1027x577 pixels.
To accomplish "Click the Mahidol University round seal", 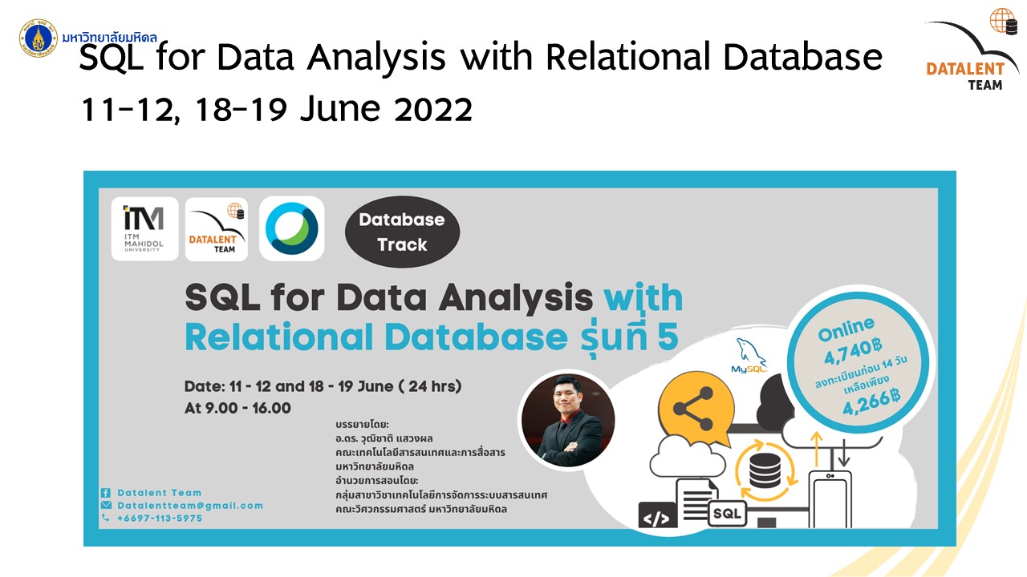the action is click(38, 38).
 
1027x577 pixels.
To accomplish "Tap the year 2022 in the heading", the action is click(433, 109).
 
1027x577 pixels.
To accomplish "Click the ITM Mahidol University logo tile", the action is click(144, 229).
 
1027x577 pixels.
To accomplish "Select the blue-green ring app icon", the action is click(291, 228).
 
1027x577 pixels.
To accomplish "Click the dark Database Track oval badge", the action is click(402, 232).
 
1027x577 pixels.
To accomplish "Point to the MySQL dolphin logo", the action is click(749, 356).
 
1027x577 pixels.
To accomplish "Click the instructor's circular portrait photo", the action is click(568, 420).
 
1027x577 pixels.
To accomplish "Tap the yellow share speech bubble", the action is click(696, 409).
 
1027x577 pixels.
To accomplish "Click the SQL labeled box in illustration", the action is click(727, 514).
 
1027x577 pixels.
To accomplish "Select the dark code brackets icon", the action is click(657, 515).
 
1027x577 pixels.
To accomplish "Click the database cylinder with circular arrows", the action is click(765, 470).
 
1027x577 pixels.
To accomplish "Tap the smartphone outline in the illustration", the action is click(830, 499).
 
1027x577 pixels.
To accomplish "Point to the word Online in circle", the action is click(846, 329).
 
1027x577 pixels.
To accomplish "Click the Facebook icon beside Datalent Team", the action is click(105, 493).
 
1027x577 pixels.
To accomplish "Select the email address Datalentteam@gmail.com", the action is click(190, 506).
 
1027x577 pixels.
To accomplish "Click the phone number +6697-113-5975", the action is click(160, 518).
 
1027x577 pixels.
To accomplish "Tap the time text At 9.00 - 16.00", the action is click(237, 408).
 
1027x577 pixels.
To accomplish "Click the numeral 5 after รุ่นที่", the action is click(668, 337).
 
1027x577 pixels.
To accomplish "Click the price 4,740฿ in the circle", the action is click(853, 351).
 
